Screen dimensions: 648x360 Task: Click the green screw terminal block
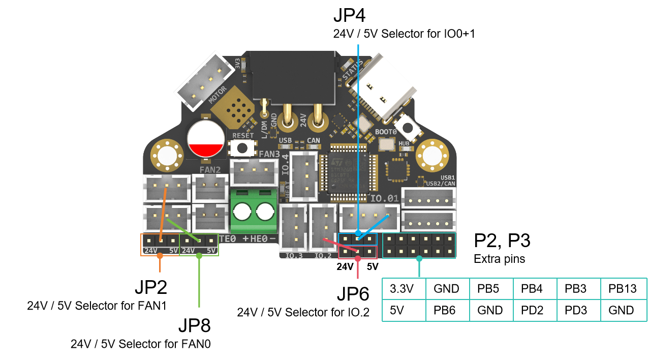[254, 211]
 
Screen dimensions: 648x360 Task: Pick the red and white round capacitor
[206, 139]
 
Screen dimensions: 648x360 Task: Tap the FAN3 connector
[254, 172]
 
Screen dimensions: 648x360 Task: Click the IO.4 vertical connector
[303, 176]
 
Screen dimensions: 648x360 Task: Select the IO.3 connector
[293, 227]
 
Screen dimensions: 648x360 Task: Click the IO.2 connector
[323, 227]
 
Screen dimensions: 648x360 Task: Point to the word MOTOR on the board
[218, 94]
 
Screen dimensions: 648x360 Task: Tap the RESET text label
[242, 136]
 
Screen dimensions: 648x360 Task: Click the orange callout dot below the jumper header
[160, 256]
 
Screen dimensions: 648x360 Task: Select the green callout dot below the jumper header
[199, 256]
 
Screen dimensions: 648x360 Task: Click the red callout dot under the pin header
[358, 259]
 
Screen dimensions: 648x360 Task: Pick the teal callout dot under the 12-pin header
[419, 259]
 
